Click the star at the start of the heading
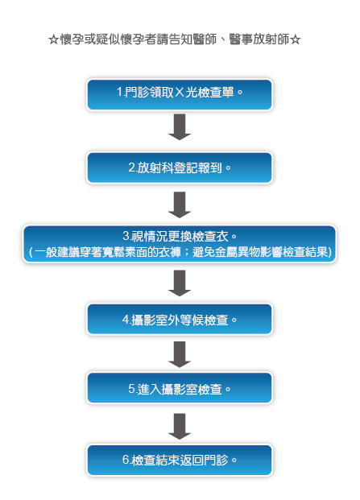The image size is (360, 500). (54, 40)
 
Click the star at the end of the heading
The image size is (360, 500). (296, 40)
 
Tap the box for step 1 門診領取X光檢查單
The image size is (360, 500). (180, 95)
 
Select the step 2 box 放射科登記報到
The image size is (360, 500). (180, 167)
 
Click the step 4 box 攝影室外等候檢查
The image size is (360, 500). (180, 319)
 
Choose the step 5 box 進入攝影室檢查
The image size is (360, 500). (180, 388)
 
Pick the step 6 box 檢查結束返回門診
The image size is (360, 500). (180, 460)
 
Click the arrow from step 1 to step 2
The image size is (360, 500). (180, 127)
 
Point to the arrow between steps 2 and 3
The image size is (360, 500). (180, 205)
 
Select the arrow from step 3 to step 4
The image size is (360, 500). (180, 283)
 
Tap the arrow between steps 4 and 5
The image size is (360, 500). (180, 354)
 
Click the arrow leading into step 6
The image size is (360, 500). (180, 427)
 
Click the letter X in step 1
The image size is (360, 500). (180, 93)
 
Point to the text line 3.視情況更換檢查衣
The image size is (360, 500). (180, 236)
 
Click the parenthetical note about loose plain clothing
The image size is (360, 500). (180, 252)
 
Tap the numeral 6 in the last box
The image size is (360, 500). (126, 460)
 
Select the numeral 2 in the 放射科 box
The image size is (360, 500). (132, 167)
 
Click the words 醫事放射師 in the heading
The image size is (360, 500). (259, 39)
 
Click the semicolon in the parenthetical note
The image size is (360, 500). (187, 252)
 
